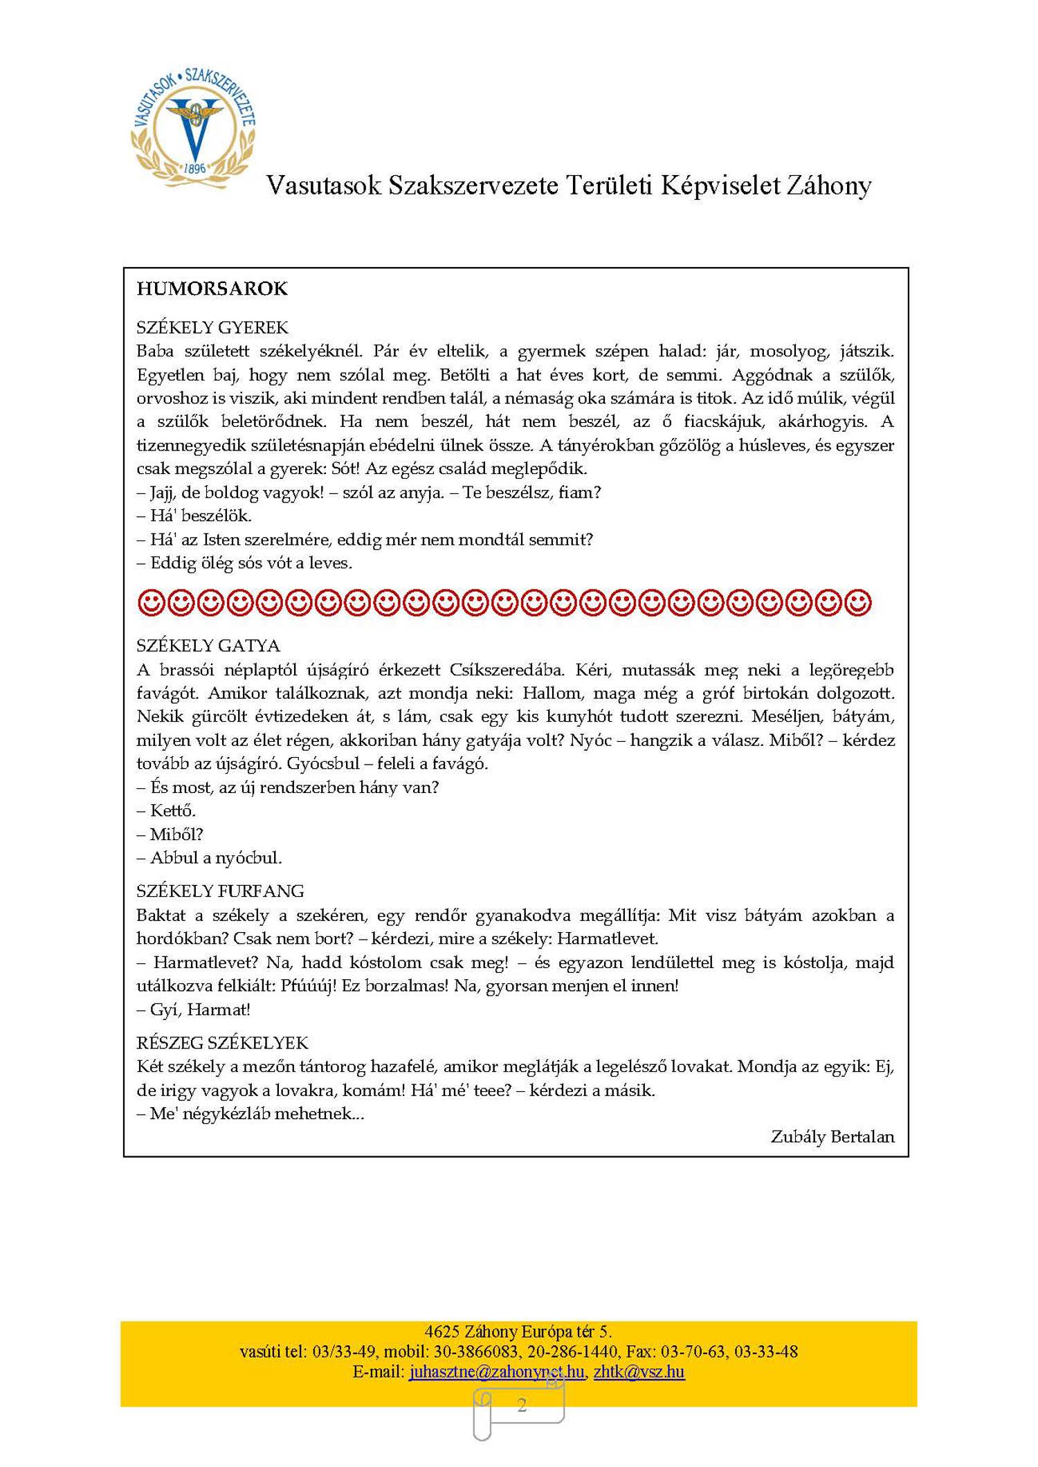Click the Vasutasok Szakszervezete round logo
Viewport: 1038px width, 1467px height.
[x=193, y=127]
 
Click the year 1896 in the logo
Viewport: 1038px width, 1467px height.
[x=195, y=168]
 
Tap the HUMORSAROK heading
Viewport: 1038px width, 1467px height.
[x=212, y=289]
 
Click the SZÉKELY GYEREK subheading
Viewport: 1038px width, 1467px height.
[x=212, y=327]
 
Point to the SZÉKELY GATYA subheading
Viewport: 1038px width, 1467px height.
[x=208, y=646]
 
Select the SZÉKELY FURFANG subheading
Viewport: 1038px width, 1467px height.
[x=220, y=891]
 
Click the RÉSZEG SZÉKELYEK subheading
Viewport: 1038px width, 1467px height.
[x=222, y=1043]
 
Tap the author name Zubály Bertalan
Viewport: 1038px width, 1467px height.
[x=832, y=1136]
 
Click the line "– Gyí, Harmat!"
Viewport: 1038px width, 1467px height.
[x=193, y=1010]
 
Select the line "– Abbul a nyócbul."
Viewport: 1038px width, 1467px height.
[x=209, y=858]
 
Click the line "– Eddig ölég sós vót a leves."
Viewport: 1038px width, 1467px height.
[x=244, y=563]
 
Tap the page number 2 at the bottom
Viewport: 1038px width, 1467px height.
[x=522, y=1405]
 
